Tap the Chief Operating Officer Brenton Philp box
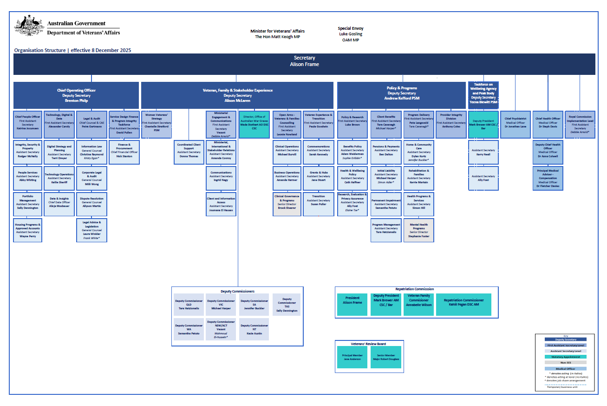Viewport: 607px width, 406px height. (x=76, y=95)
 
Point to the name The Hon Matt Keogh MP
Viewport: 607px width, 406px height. (x=277, y=37)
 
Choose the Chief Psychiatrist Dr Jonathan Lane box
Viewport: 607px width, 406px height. (x=516, y=124)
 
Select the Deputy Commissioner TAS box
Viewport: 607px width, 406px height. (x=287, y=305)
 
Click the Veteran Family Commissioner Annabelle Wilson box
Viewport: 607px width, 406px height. (x=418, y=305)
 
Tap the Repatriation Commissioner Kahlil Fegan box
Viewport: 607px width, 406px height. (x=463, y=305)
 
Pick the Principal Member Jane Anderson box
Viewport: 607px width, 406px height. (x=352, y=357)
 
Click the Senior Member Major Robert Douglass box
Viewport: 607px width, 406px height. (x=386, y=357)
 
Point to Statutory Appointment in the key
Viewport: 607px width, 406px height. (x=565, y=357)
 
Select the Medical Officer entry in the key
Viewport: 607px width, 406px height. (x=565, y=368)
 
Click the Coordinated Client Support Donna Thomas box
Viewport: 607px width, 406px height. (x=189, y=152)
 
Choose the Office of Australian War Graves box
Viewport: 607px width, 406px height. (x=254, y=124)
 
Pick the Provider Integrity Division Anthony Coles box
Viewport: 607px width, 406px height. (x=451, y=124)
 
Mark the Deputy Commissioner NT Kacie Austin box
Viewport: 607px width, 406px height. (x=254, y=329)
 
